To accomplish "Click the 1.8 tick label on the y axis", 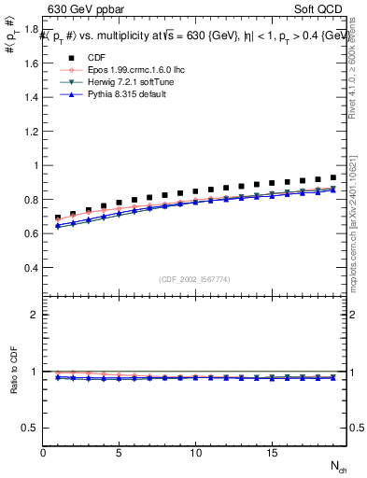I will coord(32,30).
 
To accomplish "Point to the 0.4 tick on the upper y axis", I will coord(32,268).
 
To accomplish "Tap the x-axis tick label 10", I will coord(195,452).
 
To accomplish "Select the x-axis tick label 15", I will coord(271,452).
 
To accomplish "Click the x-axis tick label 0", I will coord(44,452).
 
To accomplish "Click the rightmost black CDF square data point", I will coord(332,176).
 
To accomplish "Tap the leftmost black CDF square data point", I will coord(58,218).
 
